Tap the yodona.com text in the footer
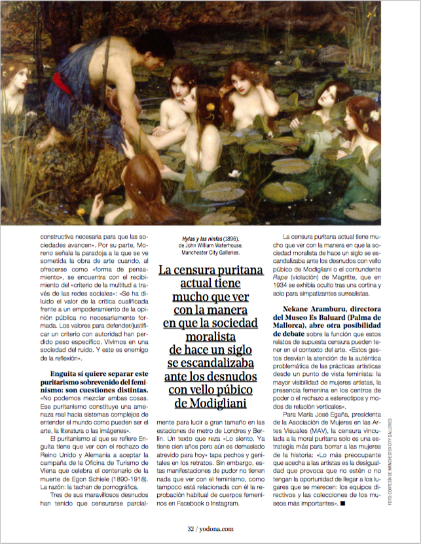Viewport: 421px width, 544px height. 218,528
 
